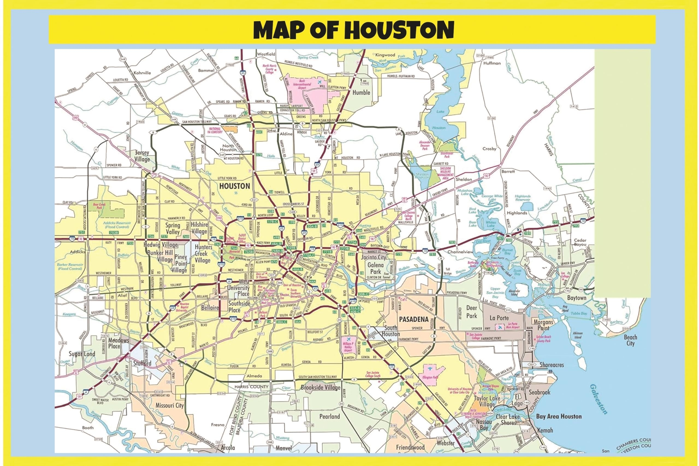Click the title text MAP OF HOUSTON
[x=353, y=30]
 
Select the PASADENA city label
[x=413, y=319]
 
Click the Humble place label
[x=361, y=93]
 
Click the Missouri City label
[x=170, y=406]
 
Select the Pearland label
[x=329, y=416]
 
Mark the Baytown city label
[x=577, y=298]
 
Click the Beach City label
[x=630, y=340]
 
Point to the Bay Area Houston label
[x=559, y=416]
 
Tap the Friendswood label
[x=410, y=447]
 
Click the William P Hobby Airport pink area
[x=348, y=346]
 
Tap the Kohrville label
[x=142, y=73]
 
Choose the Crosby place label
[x=489, y=149]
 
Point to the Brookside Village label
[x=320, y=388]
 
